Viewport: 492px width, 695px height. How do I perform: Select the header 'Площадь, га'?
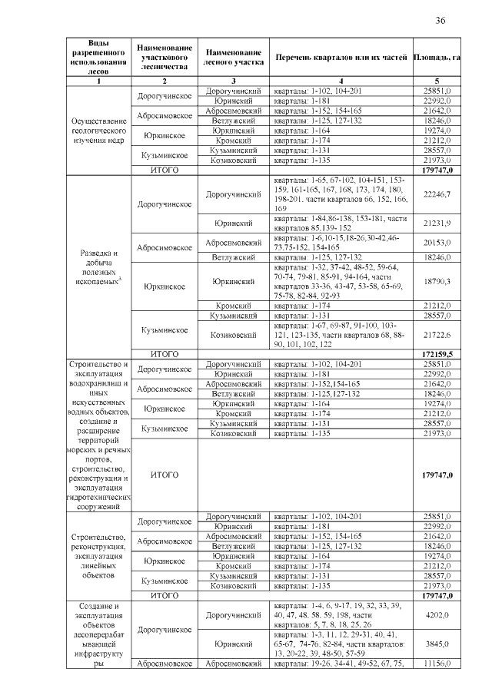(x=437, y=58)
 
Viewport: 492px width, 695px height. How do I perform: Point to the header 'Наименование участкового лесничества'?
(x=164, y=58)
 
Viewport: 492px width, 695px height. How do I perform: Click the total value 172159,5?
(x=437, y=354)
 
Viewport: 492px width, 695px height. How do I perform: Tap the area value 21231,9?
(x=437, y=223)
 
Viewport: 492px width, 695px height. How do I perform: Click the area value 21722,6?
(x=437, y=335)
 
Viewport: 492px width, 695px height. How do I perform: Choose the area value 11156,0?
(x=437, y=664)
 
